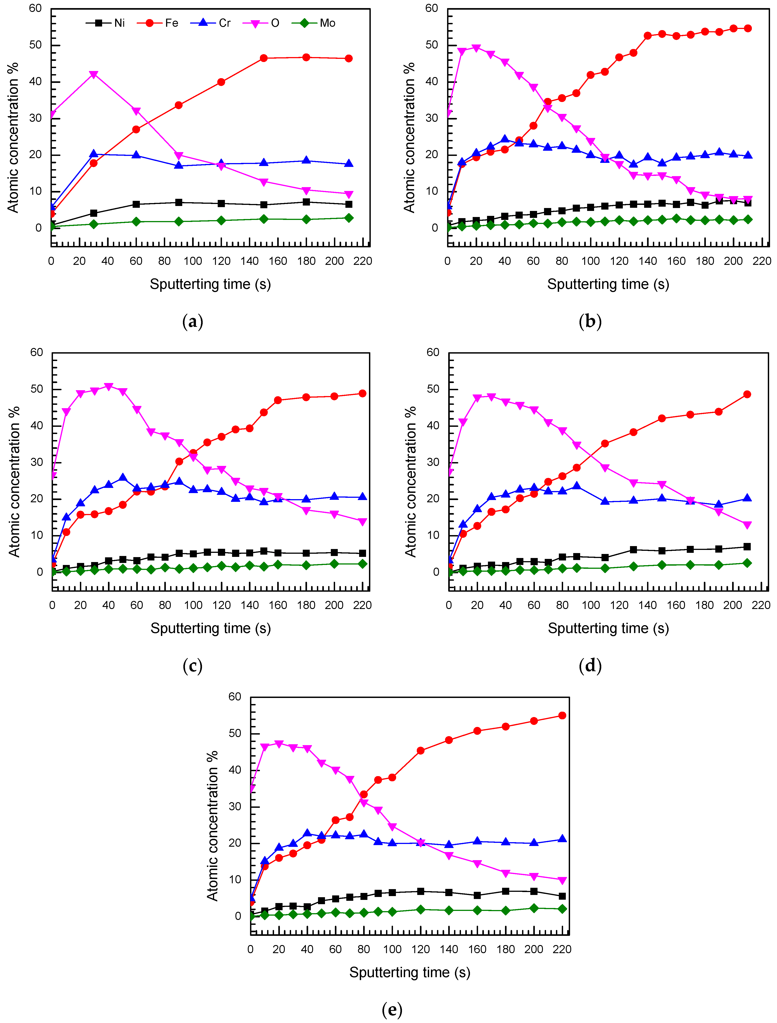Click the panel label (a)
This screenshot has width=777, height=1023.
click(x=193, y=321)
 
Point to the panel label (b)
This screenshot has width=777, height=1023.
click(x=590, y=321)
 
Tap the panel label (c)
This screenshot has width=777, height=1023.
click(x=193, y=666)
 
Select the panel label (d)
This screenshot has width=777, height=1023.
click(x=590, y=666)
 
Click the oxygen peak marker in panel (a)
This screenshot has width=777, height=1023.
click(x=93, y=75)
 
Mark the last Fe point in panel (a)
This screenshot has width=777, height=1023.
click(x=349, y=58)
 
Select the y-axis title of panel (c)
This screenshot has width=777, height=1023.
click(x=14, y=481)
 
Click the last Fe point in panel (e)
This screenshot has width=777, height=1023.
click(x=562, y=715)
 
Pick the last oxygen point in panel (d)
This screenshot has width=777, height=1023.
click(x=747, y=525)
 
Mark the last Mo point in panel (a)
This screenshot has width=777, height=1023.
click(x=349, y=218)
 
